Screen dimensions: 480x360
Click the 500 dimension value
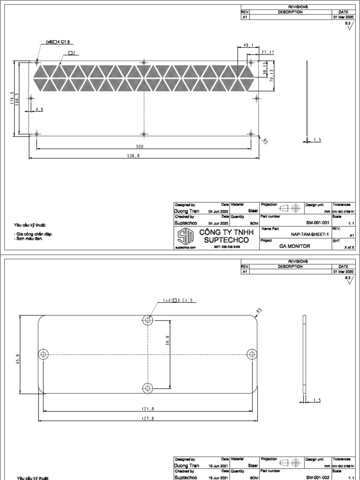[x=140, y=147]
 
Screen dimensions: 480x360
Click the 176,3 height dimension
[x=12, y=99]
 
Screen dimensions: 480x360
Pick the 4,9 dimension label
[x=39, y=109]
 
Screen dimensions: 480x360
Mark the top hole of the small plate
[x=148, y=320]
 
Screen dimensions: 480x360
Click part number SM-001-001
[x=317, y=223]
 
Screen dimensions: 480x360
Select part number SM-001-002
[x=317, y=477]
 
